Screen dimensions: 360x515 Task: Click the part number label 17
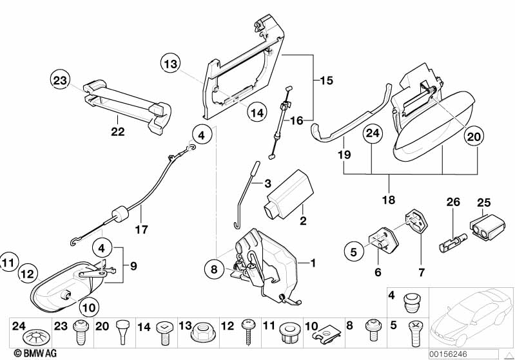(141, 229)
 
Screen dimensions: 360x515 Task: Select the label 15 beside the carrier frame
(327, 81)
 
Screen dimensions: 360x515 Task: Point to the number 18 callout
(388, 200)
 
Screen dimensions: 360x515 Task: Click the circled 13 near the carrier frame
(170, 64)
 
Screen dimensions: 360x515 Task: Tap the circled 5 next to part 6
(353, 252)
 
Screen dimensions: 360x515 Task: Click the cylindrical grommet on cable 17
(118, 214)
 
